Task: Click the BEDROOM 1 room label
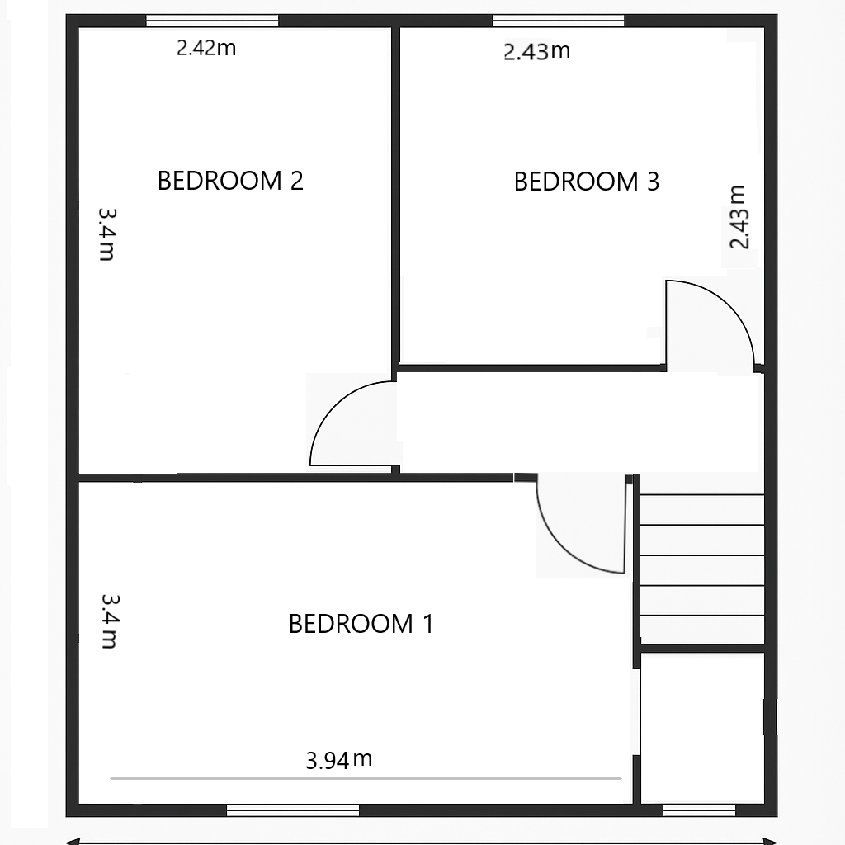pyautogui.click(x=361, y=624)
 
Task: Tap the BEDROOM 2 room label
pyautogui.click(x=230, y=181)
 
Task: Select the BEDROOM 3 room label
pyautogui.click(x=587, y=182)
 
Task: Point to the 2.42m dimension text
pyautogui.click(x=206, y=48)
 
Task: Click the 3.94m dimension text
pyautogui.click(x=339, y=760)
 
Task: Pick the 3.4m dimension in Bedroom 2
pyautogui.click(x=106, y=234)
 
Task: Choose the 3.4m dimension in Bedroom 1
pyautogui.click(x=110, y=621)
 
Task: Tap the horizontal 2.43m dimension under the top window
pyautogui.click(x=536, y=51)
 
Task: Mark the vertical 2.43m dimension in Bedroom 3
pyautogui.click(x=739, y=217)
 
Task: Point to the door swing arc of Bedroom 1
pyautogui.click(x=560, y=550)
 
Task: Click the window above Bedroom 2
pyautogui.click(x=212, y=21)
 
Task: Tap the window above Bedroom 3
pyautogui.click(x=559, y=21)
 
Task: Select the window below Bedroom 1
pyautogui.click(x=293, y=810)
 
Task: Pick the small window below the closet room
pyautogui.click(x=699, y=810)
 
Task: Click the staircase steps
pyautogui.click(x=701, y=555)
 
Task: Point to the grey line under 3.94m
pyautogui.click(x=366, y=778)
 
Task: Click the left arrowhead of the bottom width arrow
pyautogui.click(x=73, y=841)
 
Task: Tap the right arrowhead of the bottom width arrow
pyautogui.click(x=771, y=841)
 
